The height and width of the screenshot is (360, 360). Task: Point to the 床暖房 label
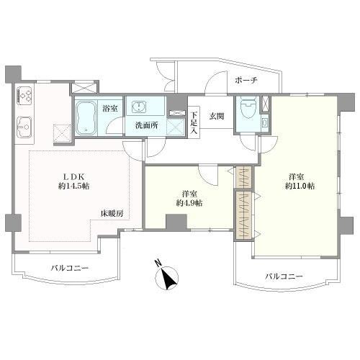point(112,214)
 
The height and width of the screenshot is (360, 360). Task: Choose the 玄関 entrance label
point(217,117)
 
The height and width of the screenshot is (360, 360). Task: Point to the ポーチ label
point(243,81)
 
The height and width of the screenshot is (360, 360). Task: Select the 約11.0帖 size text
point(300,186)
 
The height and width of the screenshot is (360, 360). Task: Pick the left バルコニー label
point(69,268)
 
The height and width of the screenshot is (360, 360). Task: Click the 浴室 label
point(110,108)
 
